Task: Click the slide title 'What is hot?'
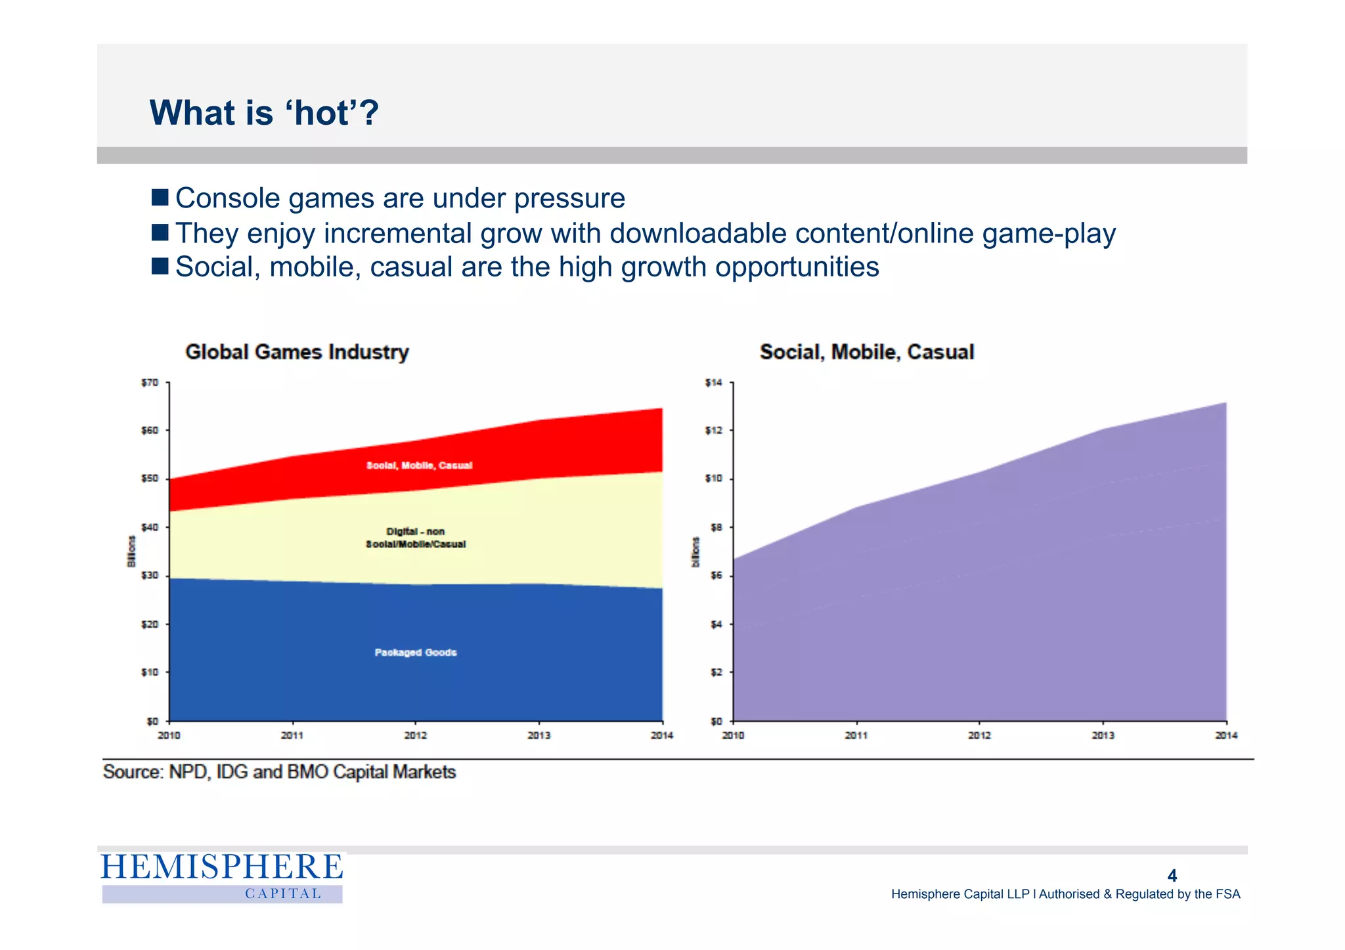[x=264, y=113]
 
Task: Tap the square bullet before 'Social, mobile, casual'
[x=160, y=266]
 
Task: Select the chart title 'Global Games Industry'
[x=297, y=352]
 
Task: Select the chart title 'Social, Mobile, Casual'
[x=866, y=352]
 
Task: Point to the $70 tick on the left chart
[x=150, y=383]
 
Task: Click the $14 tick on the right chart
[x=713, y=383]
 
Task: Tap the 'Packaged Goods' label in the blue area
[x=416, y=652]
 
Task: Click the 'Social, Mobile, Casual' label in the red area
[x=419, y=465]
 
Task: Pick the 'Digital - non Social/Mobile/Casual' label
[x=416, y=538]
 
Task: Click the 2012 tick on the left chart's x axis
[x=415, y=735]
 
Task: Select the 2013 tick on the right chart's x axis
[x=1103, y=735]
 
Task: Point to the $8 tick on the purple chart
[x=716, y=527]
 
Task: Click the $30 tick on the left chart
[x=150, y=576]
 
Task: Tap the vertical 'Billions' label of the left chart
[x=131, y=551]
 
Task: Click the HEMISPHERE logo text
[x=222, y=867]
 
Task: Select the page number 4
[x=1172, y=876]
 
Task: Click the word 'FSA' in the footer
[x=1227, y=894]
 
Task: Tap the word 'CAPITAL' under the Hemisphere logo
[x=283, y=894]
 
